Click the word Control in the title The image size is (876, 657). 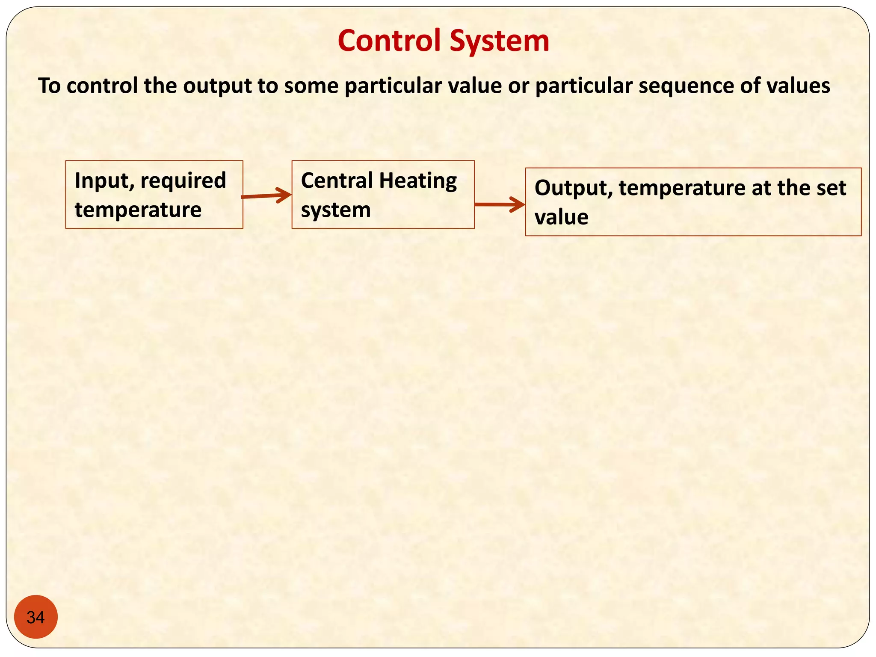[389, 41]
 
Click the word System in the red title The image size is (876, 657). [499, 41]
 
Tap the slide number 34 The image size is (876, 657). [36, 617]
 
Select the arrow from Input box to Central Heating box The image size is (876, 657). [266, 196]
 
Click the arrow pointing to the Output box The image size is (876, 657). [500, 204]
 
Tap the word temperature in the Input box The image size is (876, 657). [138, 210]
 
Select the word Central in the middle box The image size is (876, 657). [337, 180]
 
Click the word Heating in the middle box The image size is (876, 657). [418, 181]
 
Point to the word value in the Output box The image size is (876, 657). [561, 217]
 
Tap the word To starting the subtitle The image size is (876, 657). [49, 86]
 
